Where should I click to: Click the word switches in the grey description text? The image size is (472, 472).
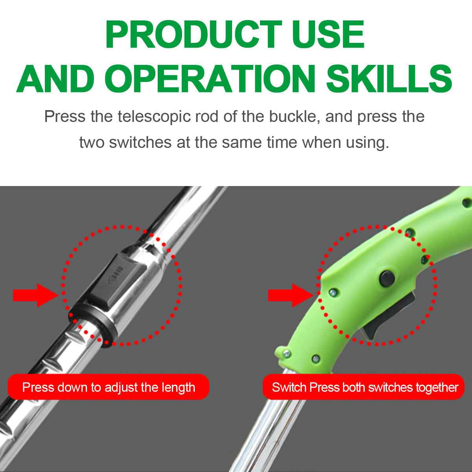tap(140, 142)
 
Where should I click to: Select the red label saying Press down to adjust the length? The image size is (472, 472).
tap(108, 387)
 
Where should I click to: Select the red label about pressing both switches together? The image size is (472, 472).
tap(364, 387)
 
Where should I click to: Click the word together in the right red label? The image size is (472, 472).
tap(437, 387)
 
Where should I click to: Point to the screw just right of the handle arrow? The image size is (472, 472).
tap(334, 291)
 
